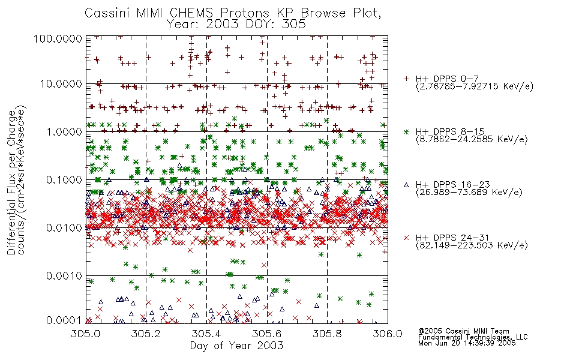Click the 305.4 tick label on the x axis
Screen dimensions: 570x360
point(206,333)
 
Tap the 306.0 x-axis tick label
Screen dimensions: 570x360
point(388,333)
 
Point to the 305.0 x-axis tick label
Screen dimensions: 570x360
point(86,333)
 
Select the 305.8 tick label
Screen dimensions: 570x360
point(327,333)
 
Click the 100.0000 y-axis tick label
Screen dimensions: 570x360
point(58,38)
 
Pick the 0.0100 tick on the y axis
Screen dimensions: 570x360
point(64,228)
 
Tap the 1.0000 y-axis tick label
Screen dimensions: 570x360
point(64,131)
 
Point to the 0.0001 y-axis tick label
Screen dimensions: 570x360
point(64,320)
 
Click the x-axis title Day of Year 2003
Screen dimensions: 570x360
point(236,346)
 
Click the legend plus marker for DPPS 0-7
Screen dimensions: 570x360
point(406,79)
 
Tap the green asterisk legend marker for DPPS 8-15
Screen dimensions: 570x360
point(406,131)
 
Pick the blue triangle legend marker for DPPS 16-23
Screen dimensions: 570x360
point(406,185)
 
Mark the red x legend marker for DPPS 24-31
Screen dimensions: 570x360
point(406,238)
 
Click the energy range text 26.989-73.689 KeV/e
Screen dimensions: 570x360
point(469,193)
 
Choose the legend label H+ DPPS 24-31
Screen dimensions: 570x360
point(452,238)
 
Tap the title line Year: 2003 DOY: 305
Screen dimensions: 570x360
point(236,24)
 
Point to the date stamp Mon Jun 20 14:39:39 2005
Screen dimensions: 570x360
point(467,343)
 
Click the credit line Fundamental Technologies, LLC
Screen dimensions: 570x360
point(473,337)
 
